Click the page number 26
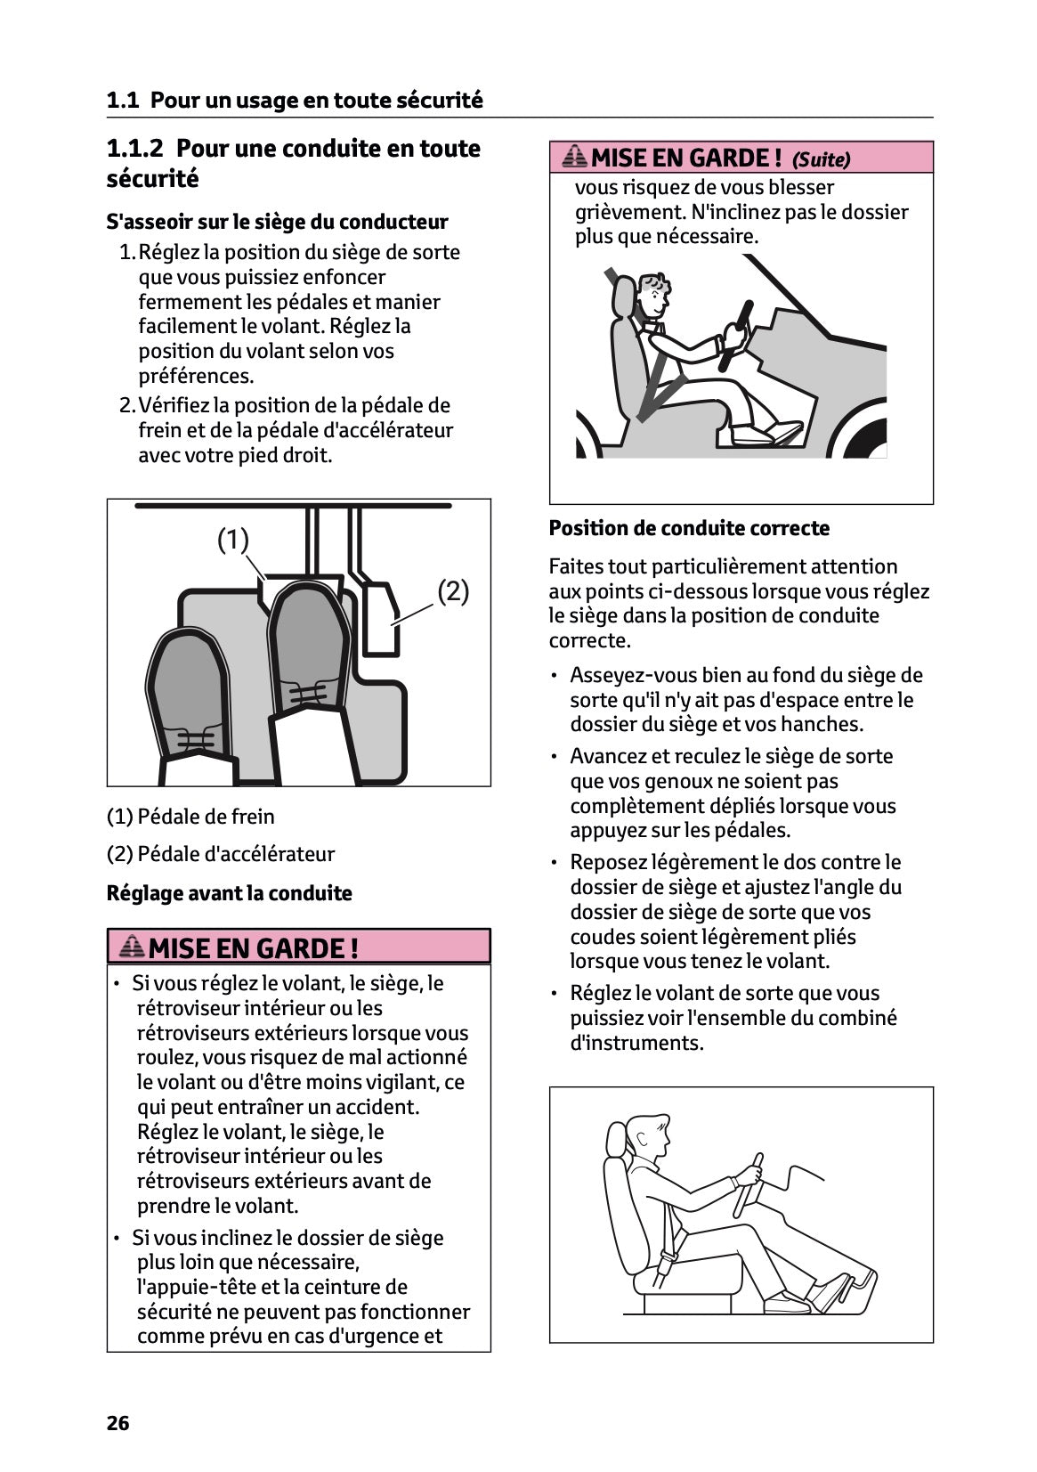117,1423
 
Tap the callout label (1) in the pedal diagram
233,540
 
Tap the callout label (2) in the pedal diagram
453,590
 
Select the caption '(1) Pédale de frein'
190,817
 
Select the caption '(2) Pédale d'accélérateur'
221,854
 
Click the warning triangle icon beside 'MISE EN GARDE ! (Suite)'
575,158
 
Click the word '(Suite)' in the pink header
821,159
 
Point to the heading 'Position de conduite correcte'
689,528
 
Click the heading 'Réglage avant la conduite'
229,893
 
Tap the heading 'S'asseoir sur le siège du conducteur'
277,222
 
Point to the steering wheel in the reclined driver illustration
735,334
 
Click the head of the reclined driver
654,294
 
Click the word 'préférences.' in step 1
196,376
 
